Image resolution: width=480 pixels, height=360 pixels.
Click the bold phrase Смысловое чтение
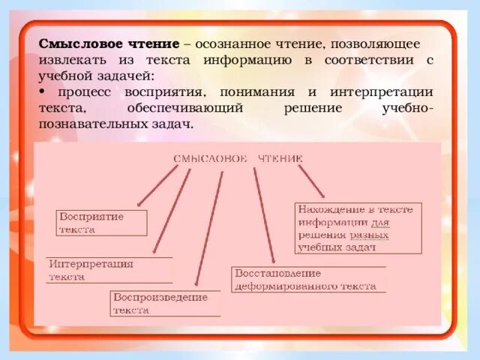pos(109,45)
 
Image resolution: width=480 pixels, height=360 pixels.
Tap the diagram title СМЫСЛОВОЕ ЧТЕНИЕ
pos(238,159)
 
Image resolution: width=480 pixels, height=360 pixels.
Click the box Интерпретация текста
pos(109,270)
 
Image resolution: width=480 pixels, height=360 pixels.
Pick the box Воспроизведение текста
pos(165,304)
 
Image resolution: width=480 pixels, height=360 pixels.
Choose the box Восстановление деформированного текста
pos(308,279)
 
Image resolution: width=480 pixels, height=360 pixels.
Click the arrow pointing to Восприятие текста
pos(158,187)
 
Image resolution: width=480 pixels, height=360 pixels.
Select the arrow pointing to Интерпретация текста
pos(172,211)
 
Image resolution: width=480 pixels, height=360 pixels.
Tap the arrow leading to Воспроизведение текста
pos(209,229)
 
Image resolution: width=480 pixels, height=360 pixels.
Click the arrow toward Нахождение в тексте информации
pos(311,182)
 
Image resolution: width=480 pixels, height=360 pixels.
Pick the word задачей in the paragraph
pos(128,76)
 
